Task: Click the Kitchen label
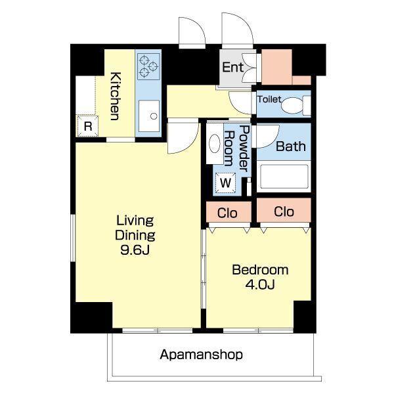[116, 97]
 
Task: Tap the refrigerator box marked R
[87, 126]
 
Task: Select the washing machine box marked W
[225, 183]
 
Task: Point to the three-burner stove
[148, 66]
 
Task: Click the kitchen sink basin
[149, 116]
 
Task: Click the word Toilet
[269, 100]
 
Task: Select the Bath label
[291, 146]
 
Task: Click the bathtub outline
[284, 177]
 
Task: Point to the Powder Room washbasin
[214, 143]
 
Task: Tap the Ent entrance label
[232, 68]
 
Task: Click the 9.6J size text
[135, 250]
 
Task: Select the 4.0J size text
[260, 284]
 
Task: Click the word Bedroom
[260, 270]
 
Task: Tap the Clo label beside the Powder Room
[227, 213]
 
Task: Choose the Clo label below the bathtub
[284, 212]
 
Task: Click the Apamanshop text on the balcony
[202, 355]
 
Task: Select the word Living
[135, 221]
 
